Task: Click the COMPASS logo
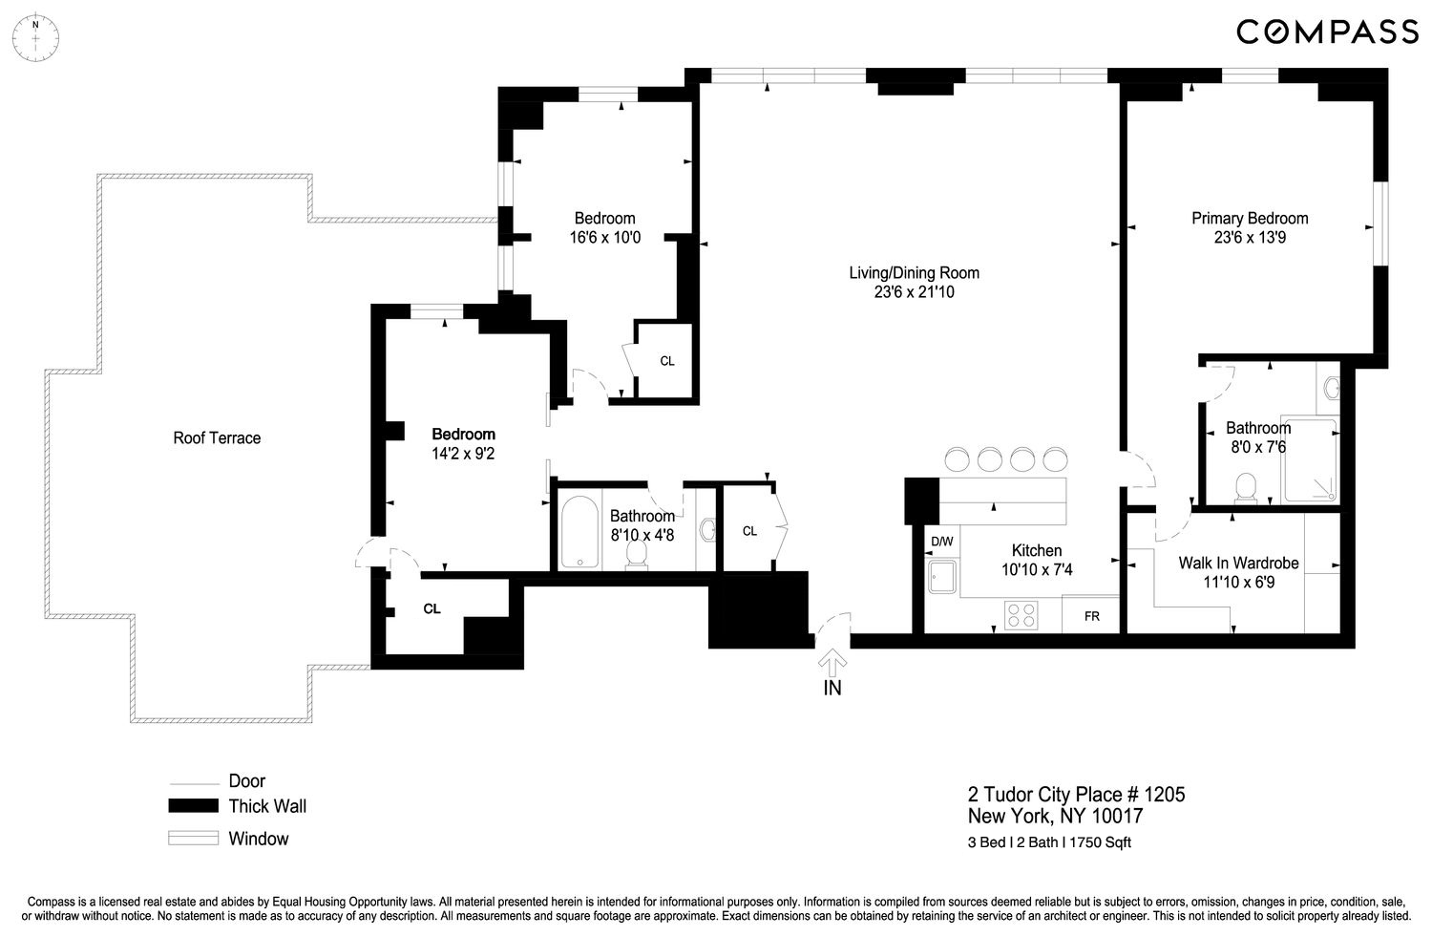point(1327,32)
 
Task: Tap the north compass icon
point(35,39)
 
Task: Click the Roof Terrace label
point(217,438)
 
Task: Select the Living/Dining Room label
point(914,273)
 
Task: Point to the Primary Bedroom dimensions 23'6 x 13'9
point(1250,238)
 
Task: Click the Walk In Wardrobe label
point(1238,564)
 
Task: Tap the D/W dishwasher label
point(941,542)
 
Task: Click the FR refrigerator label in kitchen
point(1091,616)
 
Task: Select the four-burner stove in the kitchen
point(1021,613)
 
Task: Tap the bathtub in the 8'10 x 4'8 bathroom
point(578,532)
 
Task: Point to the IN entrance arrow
point(832,667)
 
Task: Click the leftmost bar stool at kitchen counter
point(957,458)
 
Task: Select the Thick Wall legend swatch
point(194,806)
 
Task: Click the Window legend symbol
point(194,839)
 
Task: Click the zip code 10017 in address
point(1115,817)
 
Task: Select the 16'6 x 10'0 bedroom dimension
point(604,238)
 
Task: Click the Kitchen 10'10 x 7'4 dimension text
point(1037,570)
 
